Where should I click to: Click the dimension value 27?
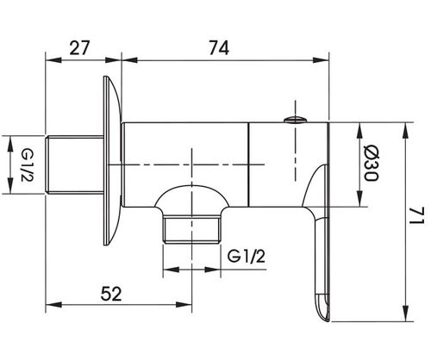(x=79, y=47)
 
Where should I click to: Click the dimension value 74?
(x=219, y=47)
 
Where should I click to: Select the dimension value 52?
(x=111, y=294)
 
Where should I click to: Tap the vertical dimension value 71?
(x=416, y=216)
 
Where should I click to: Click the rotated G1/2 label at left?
(x=28, y=164)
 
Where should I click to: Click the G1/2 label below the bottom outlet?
(x=247, y=256)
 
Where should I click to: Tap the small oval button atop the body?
(x=295, y=120)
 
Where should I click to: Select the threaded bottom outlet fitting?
(x=191, y=230)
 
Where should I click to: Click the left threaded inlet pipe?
(x=75, y=164)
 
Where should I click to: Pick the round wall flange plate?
(x=112, y=161)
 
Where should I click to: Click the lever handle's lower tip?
(x=324, y=316)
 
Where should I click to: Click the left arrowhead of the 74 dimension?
(x=129, y=60)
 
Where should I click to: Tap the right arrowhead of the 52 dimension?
(x=184, y=304)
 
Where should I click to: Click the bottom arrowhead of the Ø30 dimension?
(x=359, y=199)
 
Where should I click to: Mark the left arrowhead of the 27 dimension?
(x=53, y=60)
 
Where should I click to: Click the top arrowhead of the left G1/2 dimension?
(x=10, y=144)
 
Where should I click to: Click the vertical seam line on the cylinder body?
(x=248, y=164)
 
